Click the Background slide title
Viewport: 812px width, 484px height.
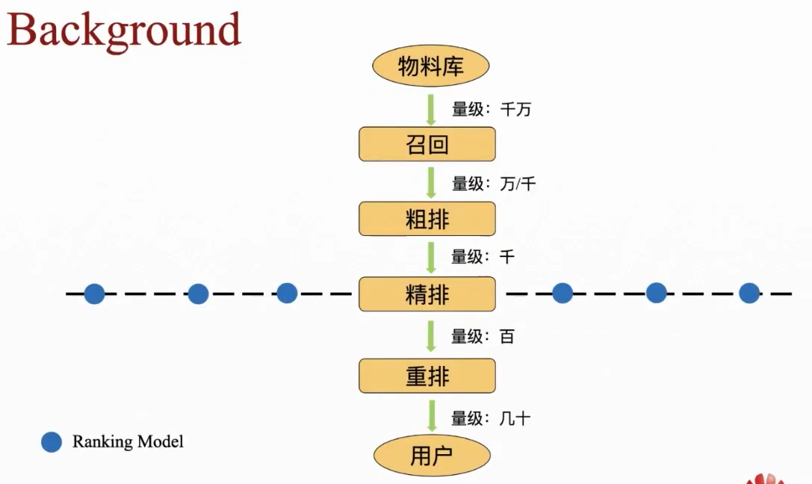(x=124, y=31)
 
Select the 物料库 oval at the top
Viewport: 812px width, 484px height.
(x=430, y=67)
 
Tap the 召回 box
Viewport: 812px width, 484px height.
(x=427, y=144)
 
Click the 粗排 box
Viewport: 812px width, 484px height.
(x=427, y=219)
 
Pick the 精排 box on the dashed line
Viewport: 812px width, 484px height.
(x=427, y=294)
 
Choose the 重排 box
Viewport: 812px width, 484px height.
(x=427, y=376)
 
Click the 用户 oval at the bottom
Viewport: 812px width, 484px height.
(x=432, y=455)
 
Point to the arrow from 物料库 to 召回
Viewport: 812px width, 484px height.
(x=431, y=109)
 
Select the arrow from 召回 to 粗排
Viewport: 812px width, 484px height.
(x=431, y=182)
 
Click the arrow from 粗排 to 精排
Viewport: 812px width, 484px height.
(x=431, y=257)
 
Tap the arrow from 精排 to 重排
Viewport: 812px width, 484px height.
(x=431, y=336)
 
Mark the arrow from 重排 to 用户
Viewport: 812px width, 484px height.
(x=431, y=417)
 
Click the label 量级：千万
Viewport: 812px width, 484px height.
(x=492, y=110)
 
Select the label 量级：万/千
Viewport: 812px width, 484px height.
(x=494, y=183)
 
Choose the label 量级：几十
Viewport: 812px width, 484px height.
(x=491, y=418)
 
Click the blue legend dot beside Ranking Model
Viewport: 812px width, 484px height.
(x=52, y=442)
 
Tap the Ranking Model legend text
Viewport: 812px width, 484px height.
(x=128, y=441)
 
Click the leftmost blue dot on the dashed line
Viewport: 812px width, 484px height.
(x=94, y=294)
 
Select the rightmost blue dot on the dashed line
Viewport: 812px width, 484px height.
(x=749, y=294)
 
